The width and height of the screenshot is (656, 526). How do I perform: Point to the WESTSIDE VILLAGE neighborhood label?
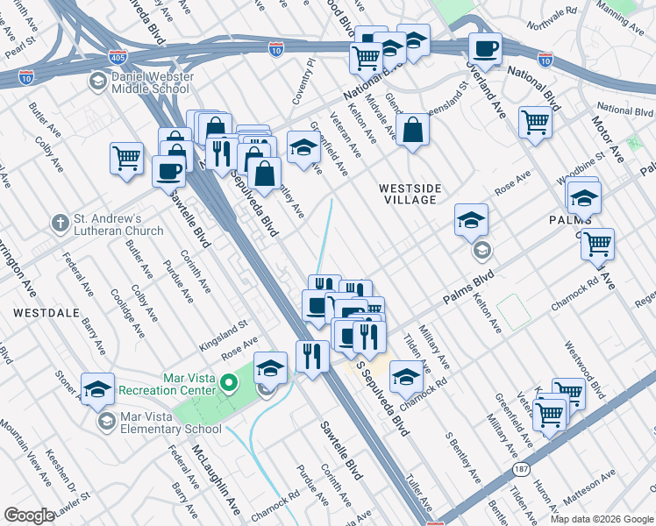coord(409,194)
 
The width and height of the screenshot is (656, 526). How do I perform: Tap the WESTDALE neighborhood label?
coord(36,312)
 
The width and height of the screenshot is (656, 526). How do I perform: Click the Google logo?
coord(29,515)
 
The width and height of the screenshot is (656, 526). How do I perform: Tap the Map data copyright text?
coord(601,519)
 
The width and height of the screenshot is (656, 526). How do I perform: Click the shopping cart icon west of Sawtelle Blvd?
coord(126,159)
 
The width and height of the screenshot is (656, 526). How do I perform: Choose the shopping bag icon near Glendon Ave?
coord(411,130)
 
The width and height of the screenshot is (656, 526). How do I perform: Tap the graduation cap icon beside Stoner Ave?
coord(97,387)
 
